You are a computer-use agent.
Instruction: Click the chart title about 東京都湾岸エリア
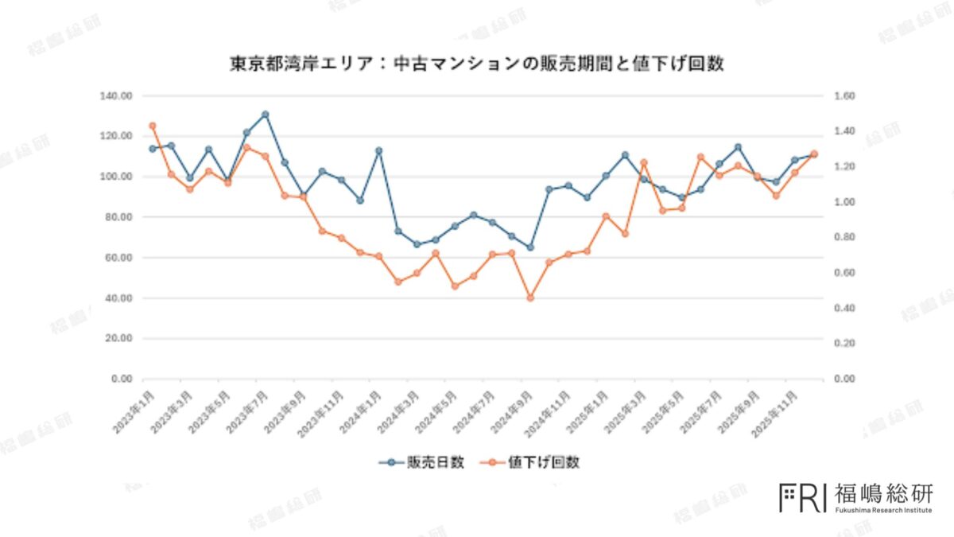click(x=477, y=64)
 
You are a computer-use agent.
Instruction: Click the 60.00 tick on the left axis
click(x=118, y=258)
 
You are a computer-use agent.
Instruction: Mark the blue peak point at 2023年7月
click(x=266, y=115)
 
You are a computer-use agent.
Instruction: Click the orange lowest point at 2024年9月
click(x=530, y=298)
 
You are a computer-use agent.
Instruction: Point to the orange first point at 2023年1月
click(x=152, y=126)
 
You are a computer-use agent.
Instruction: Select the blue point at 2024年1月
click(x=378, y=150)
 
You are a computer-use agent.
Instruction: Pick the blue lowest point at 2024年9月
click(x=530, y=247)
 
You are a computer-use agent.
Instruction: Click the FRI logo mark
click(x=802, y=496)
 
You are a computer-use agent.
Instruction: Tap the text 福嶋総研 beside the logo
click(x=883, y=493)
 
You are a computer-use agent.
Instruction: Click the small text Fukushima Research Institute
click(x=883, y=510)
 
